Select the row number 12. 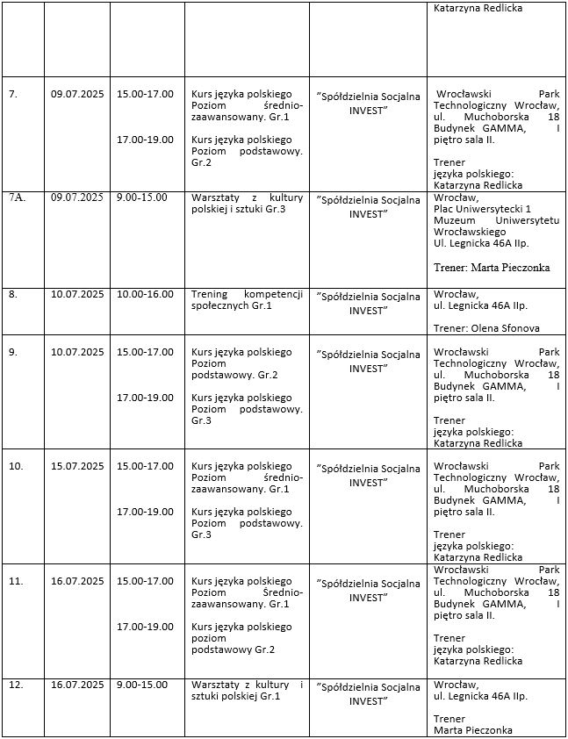coord(15,685)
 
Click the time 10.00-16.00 coord(145,294)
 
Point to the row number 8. coord(13,294)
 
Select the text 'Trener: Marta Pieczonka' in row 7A coord(493,267)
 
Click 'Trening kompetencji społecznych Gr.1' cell coord(247,299)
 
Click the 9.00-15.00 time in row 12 coord(141,685)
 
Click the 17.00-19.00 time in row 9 coord(145,398)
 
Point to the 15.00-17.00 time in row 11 coord(145,581)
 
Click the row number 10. coord(15,466)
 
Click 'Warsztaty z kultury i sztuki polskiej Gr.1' coord(247,691)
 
